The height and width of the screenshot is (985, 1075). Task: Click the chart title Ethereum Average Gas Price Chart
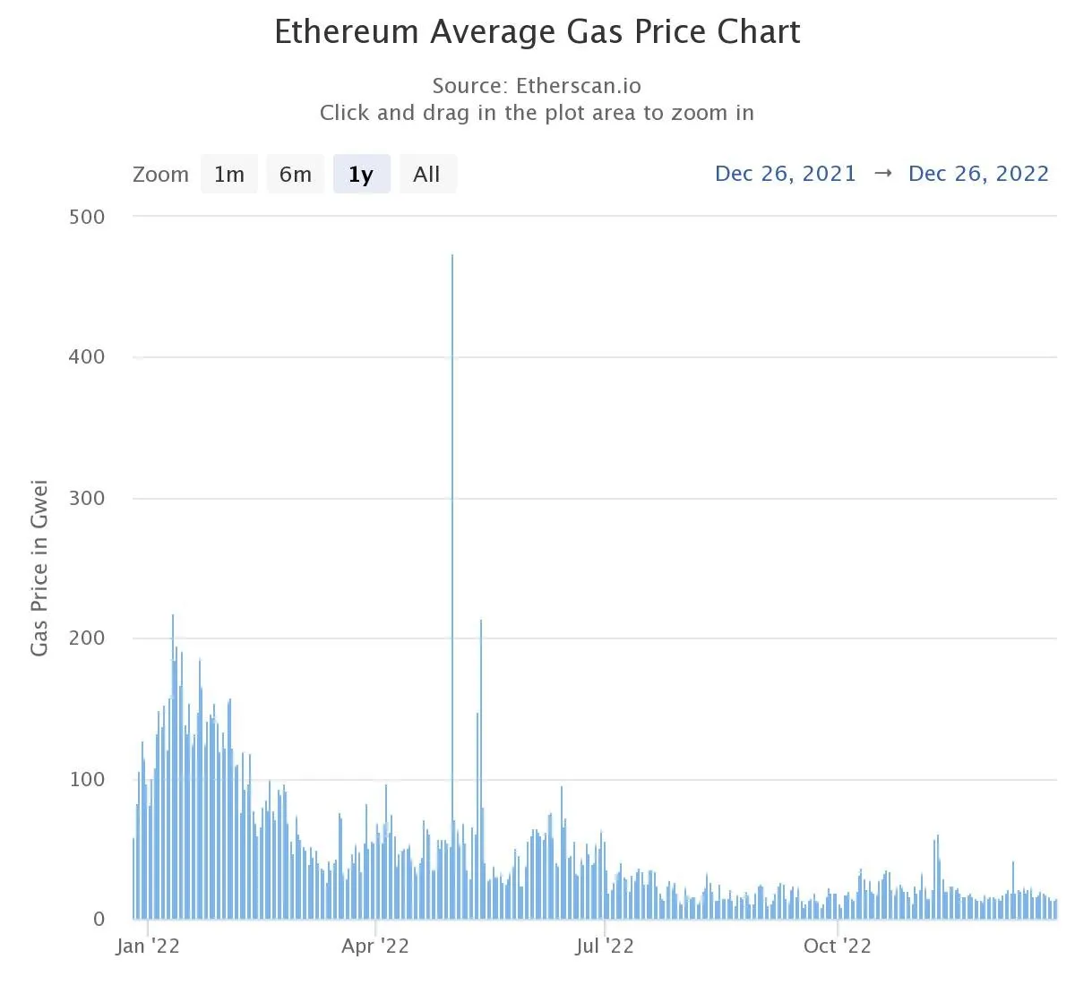pos(537,32)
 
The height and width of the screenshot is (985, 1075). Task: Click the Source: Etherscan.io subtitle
pos(537,86)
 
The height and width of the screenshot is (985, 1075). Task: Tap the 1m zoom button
pos(228,175)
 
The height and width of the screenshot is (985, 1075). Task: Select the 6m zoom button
pos(295,175)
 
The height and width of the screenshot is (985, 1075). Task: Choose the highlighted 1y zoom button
pos(361,175)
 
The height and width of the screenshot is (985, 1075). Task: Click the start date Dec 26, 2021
pos(785,174)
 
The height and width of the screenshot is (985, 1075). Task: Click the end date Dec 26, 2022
pos(978,174)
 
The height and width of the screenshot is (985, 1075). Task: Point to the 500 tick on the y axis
pos(87,217)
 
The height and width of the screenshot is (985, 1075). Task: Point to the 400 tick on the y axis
pos(87,357)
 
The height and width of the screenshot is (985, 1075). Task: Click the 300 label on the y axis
pos(87,498)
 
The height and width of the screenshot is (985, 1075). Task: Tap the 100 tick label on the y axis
pos(87,779)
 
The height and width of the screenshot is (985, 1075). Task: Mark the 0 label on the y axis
pos(99,920)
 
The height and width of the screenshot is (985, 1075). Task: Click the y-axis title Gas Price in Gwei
pos(39,569)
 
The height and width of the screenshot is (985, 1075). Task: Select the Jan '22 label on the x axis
pos(148,946)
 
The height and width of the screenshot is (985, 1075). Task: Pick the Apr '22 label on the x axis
pos(375,946)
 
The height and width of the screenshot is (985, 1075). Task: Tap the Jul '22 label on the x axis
pos(605,946)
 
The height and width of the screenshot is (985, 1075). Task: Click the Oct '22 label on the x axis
pos(837,946)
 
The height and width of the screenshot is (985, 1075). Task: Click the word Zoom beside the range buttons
pos(160,175)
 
